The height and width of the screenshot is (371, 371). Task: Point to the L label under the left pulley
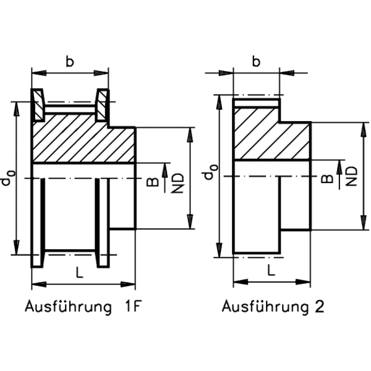click(x=79, y=271)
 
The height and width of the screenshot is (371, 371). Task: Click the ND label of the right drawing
click(x=351, y=176)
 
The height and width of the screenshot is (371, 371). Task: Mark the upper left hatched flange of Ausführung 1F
click(x=38, y=105)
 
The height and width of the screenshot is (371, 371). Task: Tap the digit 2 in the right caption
click(x=319, y=307)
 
